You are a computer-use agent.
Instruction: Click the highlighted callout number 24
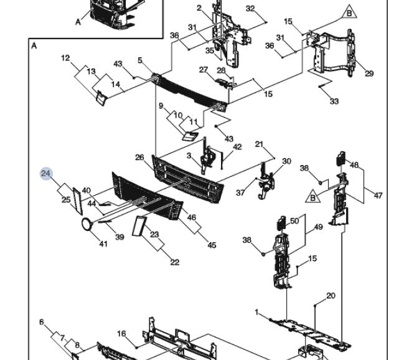pos(46,174)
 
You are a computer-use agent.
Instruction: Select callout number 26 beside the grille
pos(139,158)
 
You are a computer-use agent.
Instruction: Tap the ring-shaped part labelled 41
pos(87,224)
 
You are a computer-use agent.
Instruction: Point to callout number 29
pos(369,73)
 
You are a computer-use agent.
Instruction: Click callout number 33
pos(334,102)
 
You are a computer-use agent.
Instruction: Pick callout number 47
pos(378,196)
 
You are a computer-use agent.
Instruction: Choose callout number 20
pos(330,296)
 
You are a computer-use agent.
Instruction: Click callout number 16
pos(121,334)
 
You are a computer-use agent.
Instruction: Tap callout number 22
pos(174,262)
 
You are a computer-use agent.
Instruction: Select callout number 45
pos(212,245)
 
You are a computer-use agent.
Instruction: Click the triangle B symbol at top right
pos(349,12)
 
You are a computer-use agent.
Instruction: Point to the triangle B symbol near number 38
pos(312,197)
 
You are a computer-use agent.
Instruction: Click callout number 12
pos(65,58)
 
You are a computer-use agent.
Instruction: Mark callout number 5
pos(140,60)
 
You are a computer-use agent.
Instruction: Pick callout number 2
pos(199,8)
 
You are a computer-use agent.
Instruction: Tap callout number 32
pos(250,9)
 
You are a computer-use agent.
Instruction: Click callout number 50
pos(294,221)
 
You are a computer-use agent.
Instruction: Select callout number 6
pos(42,322)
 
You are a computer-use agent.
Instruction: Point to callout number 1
pos(256,312)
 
